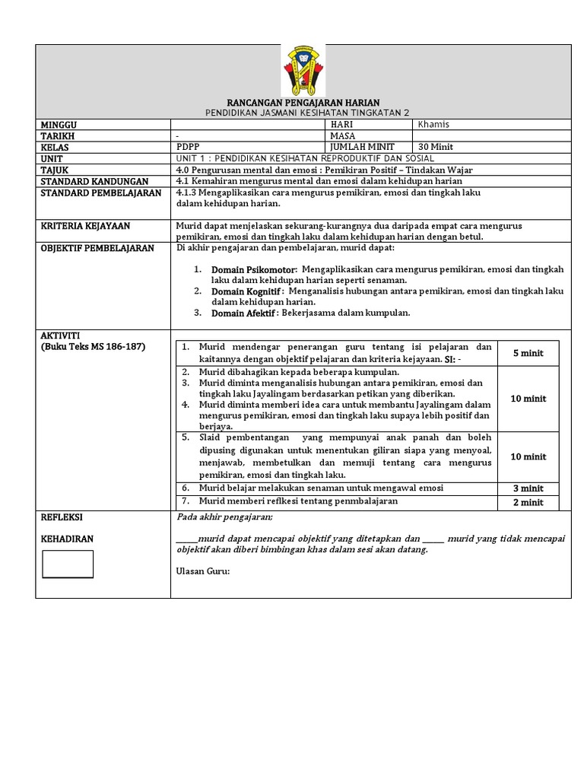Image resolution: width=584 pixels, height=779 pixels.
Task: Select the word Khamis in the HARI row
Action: tap(434, 125)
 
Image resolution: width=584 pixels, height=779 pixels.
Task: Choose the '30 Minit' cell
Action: tap(436, 148)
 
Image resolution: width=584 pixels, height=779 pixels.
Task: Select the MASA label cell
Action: tap(342, 136)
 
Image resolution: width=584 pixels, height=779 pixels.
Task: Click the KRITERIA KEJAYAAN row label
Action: tap(85, 226)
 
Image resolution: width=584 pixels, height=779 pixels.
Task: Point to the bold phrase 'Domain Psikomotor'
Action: tap(254, 269)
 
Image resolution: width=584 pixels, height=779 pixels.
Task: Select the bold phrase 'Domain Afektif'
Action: tap(243, 313)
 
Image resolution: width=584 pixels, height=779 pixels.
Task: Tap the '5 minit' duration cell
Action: tap(528, 353)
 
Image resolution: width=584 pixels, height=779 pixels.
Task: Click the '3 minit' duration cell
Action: tap(528, 488)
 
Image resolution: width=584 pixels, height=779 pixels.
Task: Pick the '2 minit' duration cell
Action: tap(528, 502)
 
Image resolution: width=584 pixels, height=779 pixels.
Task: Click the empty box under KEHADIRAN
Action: tap(68, 564)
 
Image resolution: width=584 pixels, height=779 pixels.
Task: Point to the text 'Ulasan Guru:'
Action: tap(202, 571)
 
